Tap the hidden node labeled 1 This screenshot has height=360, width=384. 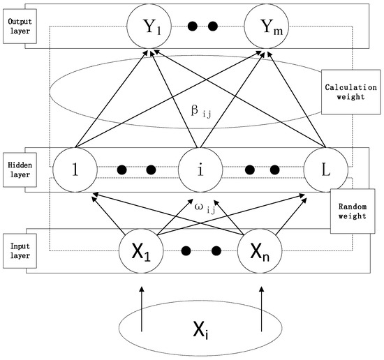pyautogui.click(x=73, y=170)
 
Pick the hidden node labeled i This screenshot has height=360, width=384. pyautogui.click(x=200, y=170)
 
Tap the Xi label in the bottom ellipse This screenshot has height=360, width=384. pyautogui.click(x=200, y=328)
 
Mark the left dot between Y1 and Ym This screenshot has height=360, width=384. pyautogui.click(x=194, y=27)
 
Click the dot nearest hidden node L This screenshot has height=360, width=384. pyautogui.click(x=275, y=169)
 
